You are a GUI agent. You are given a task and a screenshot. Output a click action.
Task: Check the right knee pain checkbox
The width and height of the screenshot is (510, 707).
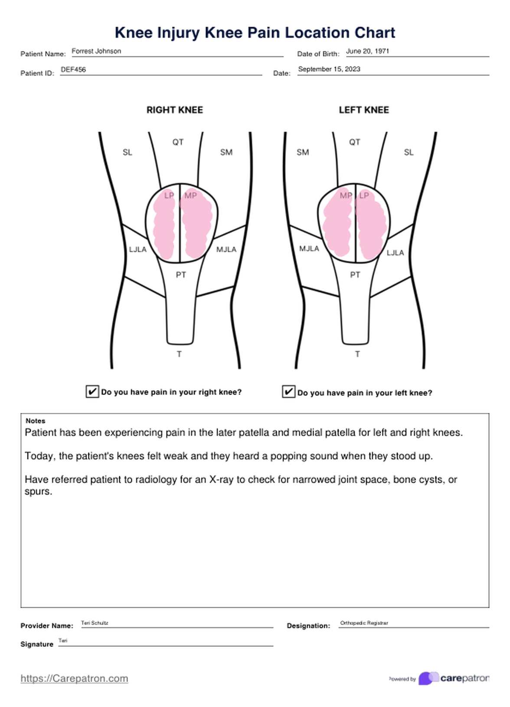point(92,391)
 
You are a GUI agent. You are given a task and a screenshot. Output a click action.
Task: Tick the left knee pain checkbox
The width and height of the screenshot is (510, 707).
point(288,392)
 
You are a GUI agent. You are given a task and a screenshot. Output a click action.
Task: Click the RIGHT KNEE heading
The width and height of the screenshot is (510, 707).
point(174,110)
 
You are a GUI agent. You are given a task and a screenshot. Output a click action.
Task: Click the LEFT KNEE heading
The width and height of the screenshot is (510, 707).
point(363,110)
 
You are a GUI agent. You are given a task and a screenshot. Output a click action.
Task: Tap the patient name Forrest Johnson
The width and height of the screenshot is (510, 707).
point(96,51)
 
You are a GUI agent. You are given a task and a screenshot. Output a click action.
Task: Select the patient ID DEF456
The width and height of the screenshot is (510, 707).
point(73,69)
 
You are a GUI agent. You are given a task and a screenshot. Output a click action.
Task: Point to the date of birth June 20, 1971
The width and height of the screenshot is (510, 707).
point(367,51)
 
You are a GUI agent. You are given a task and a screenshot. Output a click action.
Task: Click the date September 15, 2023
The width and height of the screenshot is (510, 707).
point(329,69)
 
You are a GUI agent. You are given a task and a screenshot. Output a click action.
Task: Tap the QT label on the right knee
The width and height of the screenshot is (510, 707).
point(178,142)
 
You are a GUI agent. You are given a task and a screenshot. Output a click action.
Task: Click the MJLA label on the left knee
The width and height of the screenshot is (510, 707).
point(309,249)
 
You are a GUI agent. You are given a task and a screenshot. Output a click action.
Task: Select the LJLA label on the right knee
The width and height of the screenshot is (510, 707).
point(137,249)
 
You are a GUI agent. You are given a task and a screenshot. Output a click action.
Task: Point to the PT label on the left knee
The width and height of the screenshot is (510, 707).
point(355,275)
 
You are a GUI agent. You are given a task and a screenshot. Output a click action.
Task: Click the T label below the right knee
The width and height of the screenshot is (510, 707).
point(179,354)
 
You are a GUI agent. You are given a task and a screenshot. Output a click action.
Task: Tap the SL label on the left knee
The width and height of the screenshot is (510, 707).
point(409,152)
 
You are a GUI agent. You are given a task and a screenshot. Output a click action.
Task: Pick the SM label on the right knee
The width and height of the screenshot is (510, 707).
point(226,152)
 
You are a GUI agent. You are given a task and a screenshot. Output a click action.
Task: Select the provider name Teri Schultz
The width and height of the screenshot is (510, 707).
point(95,623)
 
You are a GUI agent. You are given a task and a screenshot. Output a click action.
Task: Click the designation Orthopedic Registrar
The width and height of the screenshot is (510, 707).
point(364,623)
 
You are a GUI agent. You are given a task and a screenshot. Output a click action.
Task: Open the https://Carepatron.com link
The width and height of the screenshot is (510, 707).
point(74,678)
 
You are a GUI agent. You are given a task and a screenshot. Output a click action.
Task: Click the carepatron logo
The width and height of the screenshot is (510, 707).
point(453,678)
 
